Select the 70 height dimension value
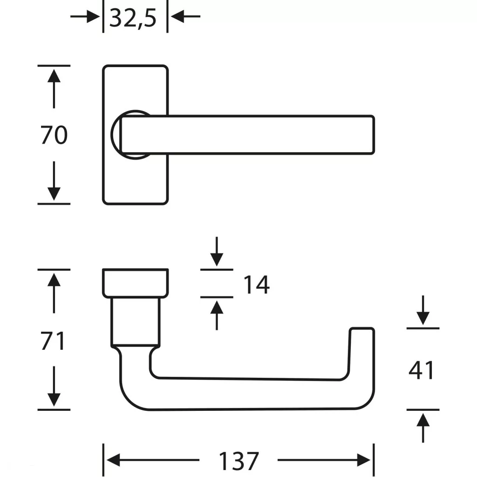(x=54, y=136)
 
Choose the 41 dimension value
(x=422, y=371)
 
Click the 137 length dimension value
(x=238, y=461)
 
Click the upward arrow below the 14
(x=217, y=314)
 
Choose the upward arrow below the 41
(x=423, y=426)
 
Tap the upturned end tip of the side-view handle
(x=362, y=332)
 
